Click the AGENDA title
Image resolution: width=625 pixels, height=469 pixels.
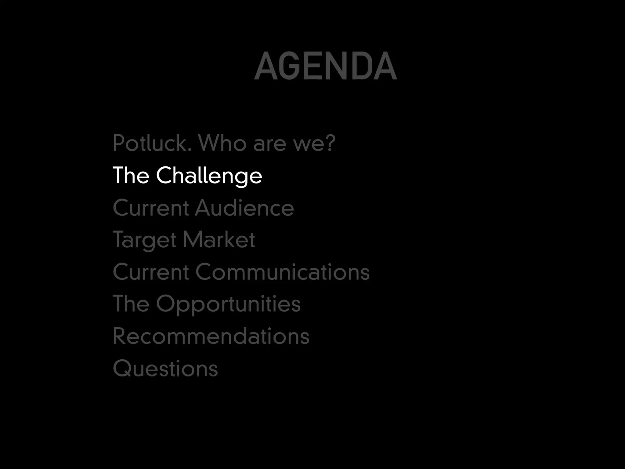[325, 66]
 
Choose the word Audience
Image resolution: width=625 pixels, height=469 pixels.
[244, 208]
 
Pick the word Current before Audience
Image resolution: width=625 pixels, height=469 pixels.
[151, 208]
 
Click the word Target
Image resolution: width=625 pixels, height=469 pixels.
[145, 240]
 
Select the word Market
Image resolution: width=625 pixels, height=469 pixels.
[219, 240]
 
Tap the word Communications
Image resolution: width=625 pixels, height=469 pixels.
[282, 272]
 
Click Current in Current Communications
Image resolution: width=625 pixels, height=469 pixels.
[151, 272]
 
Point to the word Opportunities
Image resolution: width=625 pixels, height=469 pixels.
[228, 304]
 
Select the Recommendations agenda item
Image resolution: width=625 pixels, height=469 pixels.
[211, 336]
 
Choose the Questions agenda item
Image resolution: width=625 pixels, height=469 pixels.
[165, 368]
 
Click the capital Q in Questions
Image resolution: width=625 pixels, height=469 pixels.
[121, 368]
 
